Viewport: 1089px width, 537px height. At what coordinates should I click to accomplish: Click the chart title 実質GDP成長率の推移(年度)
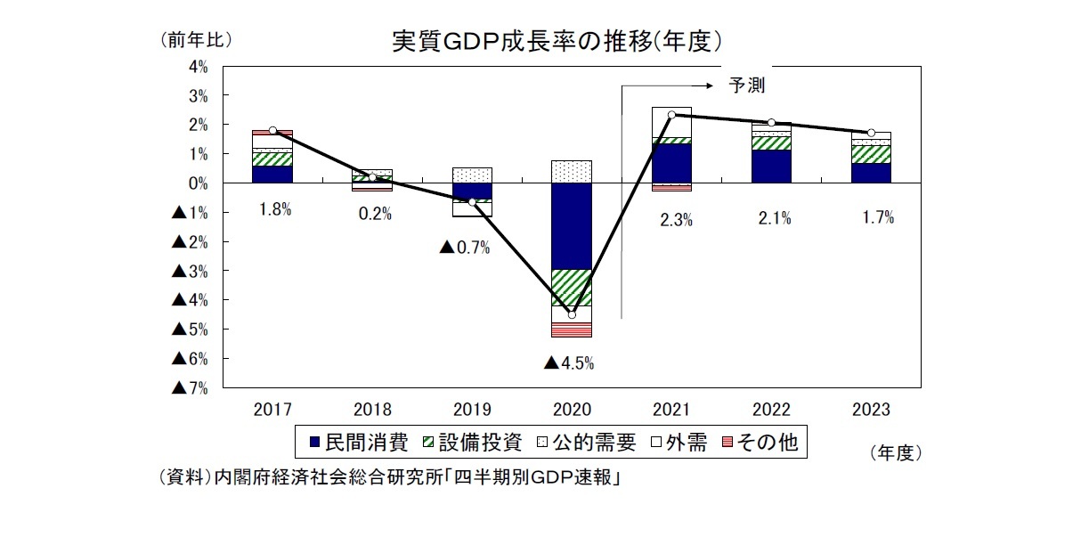click(x=557, y=42)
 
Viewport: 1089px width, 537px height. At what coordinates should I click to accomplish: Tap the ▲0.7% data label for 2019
click(x=465, y=247)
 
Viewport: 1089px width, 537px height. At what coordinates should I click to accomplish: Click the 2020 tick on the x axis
click(x=572, y=410)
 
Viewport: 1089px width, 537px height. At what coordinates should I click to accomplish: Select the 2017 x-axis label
click(x=272, y=410)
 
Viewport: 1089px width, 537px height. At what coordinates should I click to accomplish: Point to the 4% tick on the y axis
click(x=198, y=66)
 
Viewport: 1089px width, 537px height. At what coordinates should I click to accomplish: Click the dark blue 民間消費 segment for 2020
click(x=572, y=225)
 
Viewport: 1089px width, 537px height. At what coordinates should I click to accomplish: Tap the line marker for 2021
click(x=671, y=115)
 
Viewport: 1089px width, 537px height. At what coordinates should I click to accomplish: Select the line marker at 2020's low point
click(x=572, y=314)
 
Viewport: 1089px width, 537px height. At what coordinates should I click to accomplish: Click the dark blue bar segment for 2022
click(x=771, y=166)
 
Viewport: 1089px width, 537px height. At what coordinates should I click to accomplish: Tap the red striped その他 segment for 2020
click(x=572, y=330)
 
